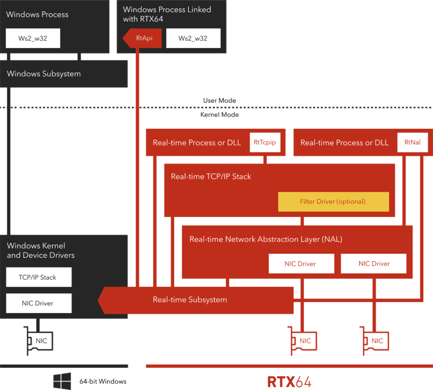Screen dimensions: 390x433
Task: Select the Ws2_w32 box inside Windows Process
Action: coord(33,38)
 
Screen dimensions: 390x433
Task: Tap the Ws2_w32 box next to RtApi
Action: coord(193,38)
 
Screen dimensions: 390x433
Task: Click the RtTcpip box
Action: coord(265,143)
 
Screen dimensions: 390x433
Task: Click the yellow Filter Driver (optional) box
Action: coord(333,202)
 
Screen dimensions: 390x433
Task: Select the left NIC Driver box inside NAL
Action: coord(301,264)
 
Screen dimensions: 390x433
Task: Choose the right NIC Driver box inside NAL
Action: coord(374,264)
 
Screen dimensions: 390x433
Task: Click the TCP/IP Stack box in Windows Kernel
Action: coord(38,277)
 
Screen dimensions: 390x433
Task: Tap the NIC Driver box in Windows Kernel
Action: coord(38,303)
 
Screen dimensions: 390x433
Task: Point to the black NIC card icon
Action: coord(39,340)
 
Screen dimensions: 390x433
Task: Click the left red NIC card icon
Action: coord(302,340)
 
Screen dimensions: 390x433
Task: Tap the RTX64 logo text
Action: coord(289,381)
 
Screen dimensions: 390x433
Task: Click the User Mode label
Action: coord(220,100)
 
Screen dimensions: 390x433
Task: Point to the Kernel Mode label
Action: coord(220,115)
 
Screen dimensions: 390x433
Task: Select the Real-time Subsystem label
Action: coord(190,300)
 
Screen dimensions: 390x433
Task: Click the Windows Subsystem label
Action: coord(44,74)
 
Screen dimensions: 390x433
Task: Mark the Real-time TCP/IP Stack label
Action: coord(211,176)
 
